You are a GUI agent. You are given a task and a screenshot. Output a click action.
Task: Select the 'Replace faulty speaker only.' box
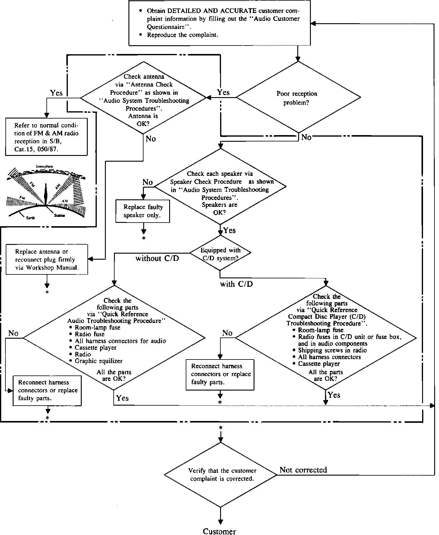pyautogui.click(x=143, y=211)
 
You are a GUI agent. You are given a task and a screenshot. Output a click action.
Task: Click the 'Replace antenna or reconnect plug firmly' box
pyautogui.click(x=47, y=260)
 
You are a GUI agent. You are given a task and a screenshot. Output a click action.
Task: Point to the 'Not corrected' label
pyautogui.click(x=303, y=470)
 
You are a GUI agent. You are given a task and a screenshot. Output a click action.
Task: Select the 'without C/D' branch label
pyautogui.click(x=157, y=258)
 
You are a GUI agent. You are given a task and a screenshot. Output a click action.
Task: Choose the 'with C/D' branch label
pyautogui.click(x=236, y=284)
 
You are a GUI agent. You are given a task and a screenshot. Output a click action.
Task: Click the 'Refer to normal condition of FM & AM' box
pyautogui.click(x=46, y=137)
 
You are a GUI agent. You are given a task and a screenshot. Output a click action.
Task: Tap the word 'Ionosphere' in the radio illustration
pyautogui.click(x=45, y=166)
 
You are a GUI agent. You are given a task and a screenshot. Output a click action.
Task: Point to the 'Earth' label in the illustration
pyautogui.click(x=30, y=218)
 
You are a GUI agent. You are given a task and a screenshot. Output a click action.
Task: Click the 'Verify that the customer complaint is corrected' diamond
pyautogui.click(x=221, y=475)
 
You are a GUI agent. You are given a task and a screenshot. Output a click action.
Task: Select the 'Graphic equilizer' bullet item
pyautogui.click(x=99, y=361)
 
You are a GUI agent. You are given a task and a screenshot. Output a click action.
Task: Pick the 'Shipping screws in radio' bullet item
pyautogui.click(x=332, y=350)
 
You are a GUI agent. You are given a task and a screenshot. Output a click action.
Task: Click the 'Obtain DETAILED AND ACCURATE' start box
pyautogui.click(x=219, y=23)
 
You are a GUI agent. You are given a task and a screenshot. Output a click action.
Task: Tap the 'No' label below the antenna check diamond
pyautogui.click(x=151, y=139)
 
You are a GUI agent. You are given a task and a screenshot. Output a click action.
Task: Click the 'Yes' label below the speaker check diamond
pyautogui.click(x=230, y=231)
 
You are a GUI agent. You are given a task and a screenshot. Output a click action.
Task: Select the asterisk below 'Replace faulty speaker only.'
pyautogui.click(x=144, y=239)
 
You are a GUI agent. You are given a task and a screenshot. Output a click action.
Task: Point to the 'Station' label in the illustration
pyautogui.click(x=60, y=216)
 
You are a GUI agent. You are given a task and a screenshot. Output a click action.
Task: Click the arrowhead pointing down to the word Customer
pyautogui.click(x=220, y=522)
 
